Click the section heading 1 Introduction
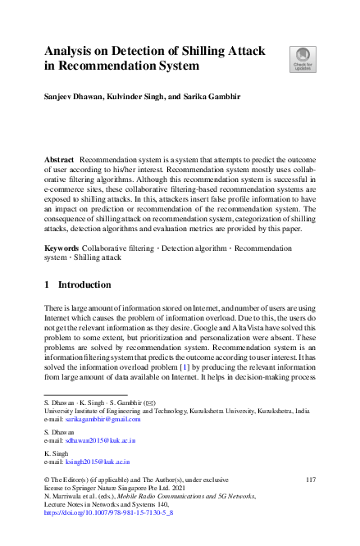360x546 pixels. pyautogui.click(x=78, y=284)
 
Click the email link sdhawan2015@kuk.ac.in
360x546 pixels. pyautogui.click(x=100, y=440)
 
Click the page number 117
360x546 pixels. pyautogui.click(x=311, y=478)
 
